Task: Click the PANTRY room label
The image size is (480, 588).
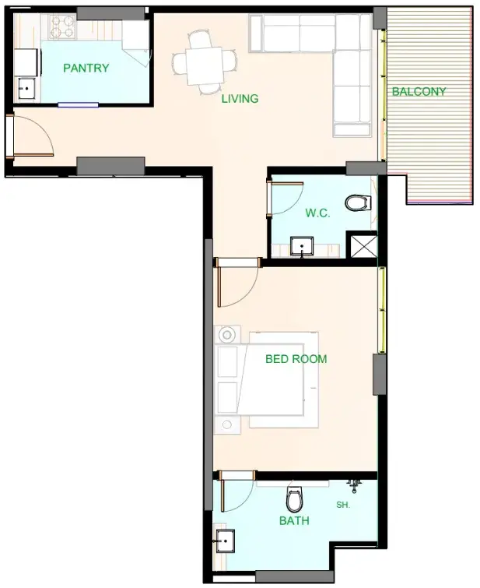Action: pos(86,68)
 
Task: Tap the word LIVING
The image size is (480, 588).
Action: pos(240,99)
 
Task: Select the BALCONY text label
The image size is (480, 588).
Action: pos(419,91)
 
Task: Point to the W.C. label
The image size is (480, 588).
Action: pos(317,213)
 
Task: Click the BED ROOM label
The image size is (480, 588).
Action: pos(296,359)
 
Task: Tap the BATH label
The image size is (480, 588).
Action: pos(294,520)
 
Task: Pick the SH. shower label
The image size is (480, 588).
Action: pos(343,505)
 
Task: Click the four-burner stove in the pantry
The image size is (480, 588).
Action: pos(63,26)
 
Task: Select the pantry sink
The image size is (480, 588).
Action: pos(27,89)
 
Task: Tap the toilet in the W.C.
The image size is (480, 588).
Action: pos(358,202)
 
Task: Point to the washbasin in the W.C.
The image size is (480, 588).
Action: pos(302,246)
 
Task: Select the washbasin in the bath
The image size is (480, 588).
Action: pos(225,541)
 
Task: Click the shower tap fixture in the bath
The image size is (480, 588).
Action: pos(354,485)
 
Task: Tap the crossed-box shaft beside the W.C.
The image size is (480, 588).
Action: pos(363,246)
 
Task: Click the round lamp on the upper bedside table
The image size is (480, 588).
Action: pos(227,335)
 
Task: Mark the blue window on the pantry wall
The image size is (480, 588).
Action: pos(78,105)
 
